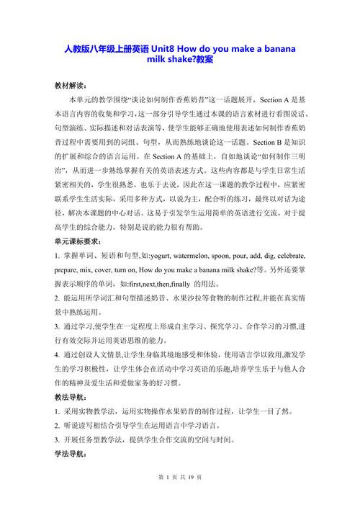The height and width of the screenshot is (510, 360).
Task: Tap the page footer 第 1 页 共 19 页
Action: click(x=179, y=496)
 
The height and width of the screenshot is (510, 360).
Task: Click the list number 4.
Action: click(x=55, y=355)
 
